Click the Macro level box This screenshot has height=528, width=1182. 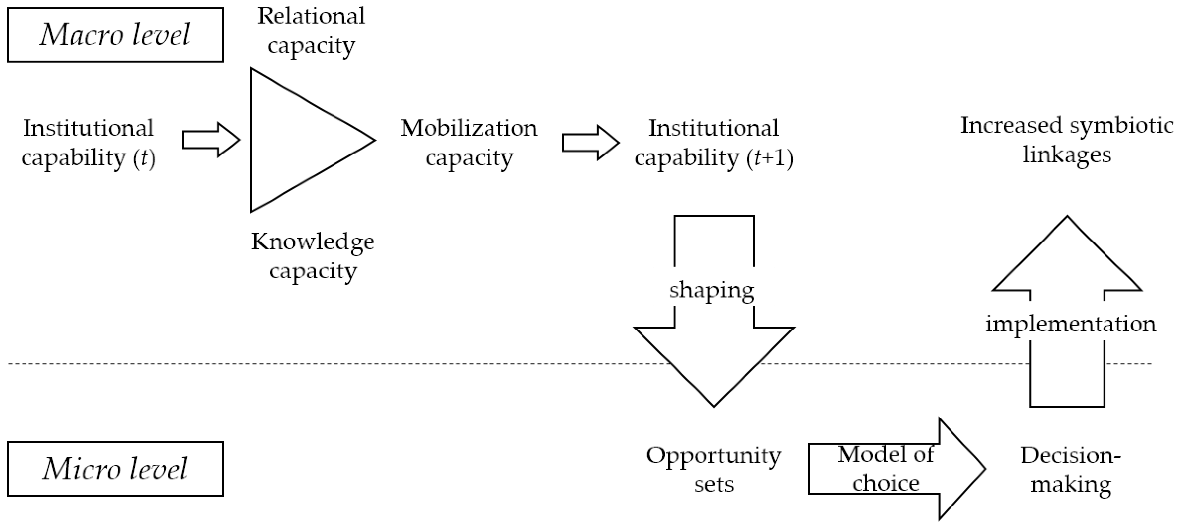point(115,35)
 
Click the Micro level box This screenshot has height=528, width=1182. point(115,468)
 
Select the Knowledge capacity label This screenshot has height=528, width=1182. point(313,256)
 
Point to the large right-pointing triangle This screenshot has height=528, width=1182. point(298,140)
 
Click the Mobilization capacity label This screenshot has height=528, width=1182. point(469,143)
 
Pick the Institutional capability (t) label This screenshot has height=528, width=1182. point(88,143)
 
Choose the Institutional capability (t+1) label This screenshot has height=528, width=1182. point(713,143)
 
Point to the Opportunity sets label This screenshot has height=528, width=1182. point(713,469)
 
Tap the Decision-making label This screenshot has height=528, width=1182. point(1070,469)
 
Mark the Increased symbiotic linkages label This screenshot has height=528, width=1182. point(1067,140)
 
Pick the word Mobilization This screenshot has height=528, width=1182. point(469,128)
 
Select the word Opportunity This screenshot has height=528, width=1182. point(713,456)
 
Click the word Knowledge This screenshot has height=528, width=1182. point(313,242)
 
